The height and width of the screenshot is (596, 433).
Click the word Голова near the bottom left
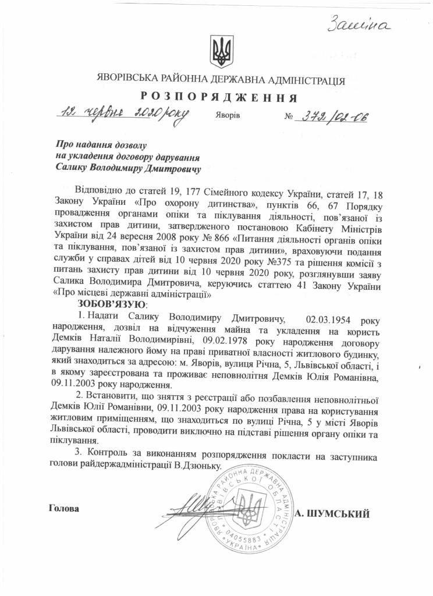[64, 508]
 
